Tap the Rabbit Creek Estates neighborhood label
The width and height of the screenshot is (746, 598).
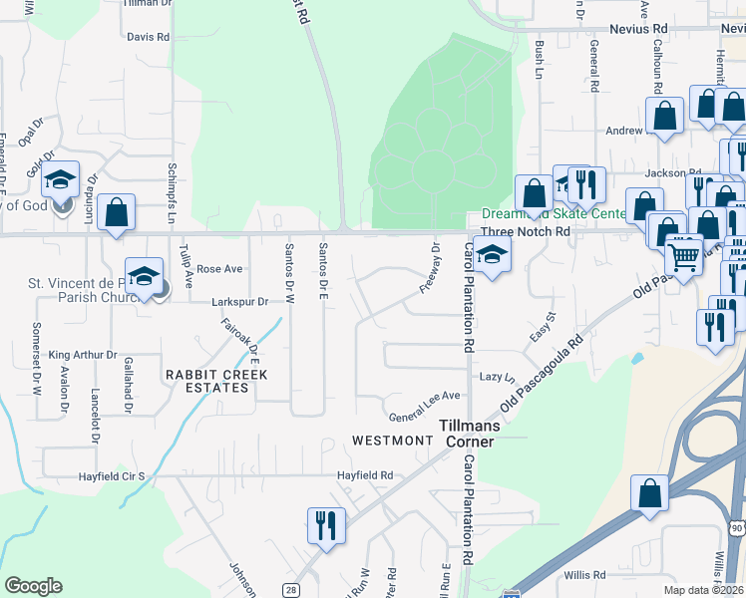(205, 381)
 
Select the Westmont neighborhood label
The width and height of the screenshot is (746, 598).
(390, 440)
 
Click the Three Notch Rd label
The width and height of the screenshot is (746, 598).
(525, 231)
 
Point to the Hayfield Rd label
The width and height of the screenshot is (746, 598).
(364, 475)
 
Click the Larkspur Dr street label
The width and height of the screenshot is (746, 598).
(239, 301)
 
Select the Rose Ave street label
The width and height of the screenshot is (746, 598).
(219, 269)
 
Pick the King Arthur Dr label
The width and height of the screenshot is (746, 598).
(83, 355)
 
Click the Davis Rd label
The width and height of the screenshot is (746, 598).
(149, 37)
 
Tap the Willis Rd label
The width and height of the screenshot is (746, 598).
(583, 575)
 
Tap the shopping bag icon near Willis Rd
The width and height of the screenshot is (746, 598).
(649, 491)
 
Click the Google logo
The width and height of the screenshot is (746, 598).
(33, 586)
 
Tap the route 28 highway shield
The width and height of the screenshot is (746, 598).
(290, 590)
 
